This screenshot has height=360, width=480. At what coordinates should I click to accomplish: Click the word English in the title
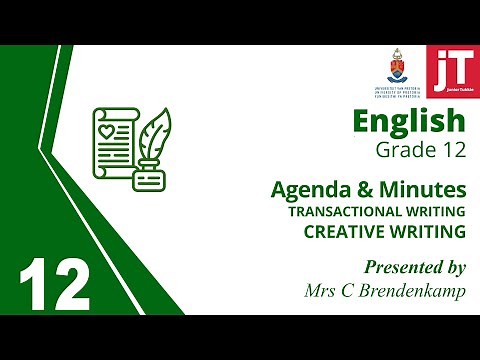(409, 122)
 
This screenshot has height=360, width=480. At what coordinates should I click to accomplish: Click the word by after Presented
(451, 268)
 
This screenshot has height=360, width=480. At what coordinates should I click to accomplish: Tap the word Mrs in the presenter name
(320, 290)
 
